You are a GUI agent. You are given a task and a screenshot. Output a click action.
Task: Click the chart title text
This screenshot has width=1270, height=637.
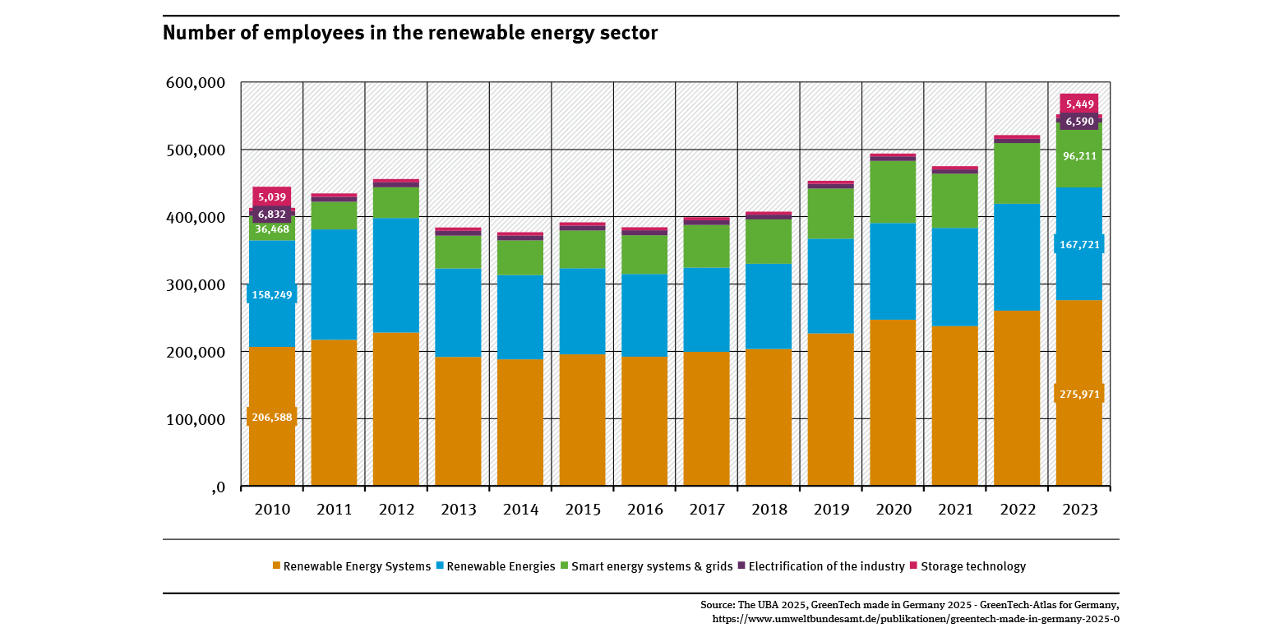pos(410,33)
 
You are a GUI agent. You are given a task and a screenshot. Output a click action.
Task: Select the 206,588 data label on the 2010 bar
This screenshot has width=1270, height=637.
pos(271,417)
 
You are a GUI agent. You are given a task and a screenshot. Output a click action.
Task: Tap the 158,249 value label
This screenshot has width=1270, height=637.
pos(271,294)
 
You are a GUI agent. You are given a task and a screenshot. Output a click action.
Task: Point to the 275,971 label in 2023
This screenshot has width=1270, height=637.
pos(1078,394)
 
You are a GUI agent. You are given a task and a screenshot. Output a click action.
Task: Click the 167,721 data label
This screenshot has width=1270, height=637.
pos(1078,244)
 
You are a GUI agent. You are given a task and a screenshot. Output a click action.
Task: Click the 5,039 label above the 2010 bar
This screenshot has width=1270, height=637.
pos(271,197)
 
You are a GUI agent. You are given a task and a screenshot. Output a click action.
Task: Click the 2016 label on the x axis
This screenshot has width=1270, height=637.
pos(644,510)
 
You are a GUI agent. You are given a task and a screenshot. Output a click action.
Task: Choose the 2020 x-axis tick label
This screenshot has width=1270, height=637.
pos(894,510)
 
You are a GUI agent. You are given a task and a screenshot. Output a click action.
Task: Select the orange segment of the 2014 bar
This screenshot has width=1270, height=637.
pos(520,422)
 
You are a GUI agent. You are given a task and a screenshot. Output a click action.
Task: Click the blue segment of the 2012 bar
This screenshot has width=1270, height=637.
pos(395,275)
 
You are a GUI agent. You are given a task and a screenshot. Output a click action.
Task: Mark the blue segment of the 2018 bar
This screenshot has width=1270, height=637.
pos(769,306)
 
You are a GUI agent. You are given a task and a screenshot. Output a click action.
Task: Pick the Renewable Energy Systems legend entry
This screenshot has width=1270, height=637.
pos(351,566)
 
